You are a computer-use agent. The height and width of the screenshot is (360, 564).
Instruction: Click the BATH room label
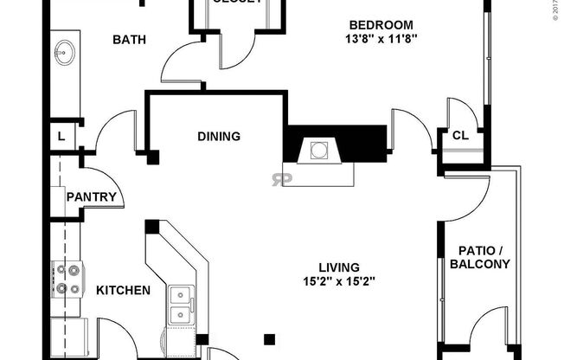tap(128, 40)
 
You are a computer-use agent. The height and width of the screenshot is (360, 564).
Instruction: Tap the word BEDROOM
tap(381, 24)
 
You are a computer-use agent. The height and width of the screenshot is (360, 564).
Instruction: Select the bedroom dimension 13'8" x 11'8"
tap(381, 38)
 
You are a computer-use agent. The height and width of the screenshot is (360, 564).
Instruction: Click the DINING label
tap(218, 136)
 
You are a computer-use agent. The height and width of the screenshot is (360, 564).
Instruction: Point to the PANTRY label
tap(91, 197)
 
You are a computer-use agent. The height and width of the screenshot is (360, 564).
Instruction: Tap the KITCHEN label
tap(123, 291)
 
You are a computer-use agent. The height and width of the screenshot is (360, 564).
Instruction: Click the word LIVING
tap(338, 267)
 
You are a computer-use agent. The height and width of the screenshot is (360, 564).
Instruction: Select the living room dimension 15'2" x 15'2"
tap(338, 280)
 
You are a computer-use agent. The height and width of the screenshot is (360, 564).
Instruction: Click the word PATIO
tap(474, 251)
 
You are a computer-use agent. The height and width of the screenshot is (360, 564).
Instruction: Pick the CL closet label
tap(460, 135)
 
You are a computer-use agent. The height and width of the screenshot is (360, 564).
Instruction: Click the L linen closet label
tap(61, 136)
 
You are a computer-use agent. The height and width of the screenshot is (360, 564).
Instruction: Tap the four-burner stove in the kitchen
tap(67, 279)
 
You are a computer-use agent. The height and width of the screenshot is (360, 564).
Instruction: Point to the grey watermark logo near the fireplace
tap(279, 179)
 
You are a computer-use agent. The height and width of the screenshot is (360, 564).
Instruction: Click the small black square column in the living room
tap(271, 337)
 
